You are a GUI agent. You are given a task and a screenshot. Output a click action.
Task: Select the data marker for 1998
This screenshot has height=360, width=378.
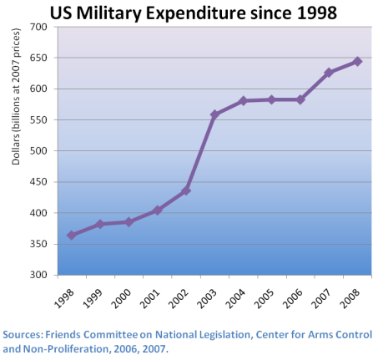(x=71, y=236)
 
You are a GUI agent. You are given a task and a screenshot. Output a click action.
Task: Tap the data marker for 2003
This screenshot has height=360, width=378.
(x=214, y=114)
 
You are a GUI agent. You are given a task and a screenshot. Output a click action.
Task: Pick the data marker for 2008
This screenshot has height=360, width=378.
(x=357, y=61)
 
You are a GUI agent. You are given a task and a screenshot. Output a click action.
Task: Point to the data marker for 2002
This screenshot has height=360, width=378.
(x=186, y=190)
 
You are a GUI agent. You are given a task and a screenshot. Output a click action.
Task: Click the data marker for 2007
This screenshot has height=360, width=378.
(x=329, y=73)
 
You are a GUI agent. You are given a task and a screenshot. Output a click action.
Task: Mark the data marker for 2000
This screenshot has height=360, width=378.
(x=129, y=222)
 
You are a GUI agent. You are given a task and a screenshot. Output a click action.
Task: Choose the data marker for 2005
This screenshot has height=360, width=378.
(x=271, y=99)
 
